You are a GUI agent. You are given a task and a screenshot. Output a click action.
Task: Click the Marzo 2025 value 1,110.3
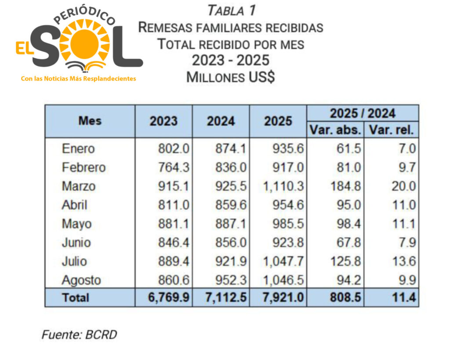pos(284,186)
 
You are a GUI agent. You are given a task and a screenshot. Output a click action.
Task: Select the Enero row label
pos(78,148)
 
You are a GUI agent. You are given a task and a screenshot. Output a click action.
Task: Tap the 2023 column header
pos(163,121)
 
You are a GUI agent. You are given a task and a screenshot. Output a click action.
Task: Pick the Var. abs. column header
pos(336,130)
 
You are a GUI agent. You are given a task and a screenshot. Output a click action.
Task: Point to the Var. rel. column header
pos(392,130)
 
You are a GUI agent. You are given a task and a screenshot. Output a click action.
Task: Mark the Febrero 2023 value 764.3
pos(174,167)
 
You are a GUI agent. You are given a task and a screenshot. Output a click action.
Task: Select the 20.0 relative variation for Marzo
pos(403,186)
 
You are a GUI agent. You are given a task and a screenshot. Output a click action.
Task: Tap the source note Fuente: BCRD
pos(80,335)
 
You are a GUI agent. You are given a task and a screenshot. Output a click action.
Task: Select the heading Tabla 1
pos(231,10)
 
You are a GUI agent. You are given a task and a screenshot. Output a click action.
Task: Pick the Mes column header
pos(90,121)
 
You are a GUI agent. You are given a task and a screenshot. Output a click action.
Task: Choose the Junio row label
pos(76,243)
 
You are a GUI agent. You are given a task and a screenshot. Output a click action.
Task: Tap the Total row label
pos(76,298)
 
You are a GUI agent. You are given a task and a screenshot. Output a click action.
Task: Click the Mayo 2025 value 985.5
pos(288,224)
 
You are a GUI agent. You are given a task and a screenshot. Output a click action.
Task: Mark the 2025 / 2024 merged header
pos(363,113)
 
